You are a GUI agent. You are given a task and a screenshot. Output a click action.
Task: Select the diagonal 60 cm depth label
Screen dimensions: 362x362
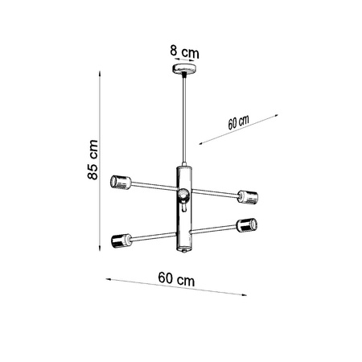238,123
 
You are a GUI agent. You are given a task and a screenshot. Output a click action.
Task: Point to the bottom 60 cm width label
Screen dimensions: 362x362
177,278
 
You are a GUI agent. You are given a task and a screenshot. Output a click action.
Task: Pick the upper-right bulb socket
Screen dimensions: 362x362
248,195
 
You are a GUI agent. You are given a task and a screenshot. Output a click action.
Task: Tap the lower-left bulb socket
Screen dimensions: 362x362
121,240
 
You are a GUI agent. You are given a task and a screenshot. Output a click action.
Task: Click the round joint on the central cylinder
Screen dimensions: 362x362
184,194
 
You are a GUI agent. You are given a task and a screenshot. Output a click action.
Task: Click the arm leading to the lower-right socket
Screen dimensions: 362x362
216,229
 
